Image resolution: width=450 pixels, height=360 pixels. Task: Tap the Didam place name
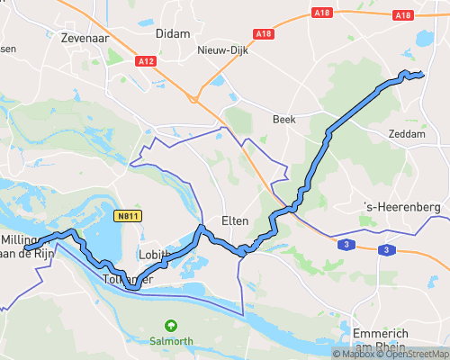(173, 33)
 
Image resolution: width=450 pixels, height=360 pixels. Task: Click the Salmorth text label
(169, 340)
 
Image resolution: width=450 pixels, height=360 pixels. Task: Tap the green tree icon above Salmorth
(169, 326)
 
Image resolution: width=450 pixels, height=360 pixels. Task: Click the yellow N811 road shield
(127, 216)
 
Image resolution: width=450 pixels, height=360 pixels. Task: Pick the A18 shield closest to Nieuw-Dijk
(263, 33)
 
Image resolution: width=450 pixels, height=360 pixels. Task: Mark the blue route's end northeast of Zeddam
(422, 75)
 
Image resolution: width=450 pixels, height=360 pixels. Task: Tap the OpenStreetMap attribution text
(412, 353)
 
